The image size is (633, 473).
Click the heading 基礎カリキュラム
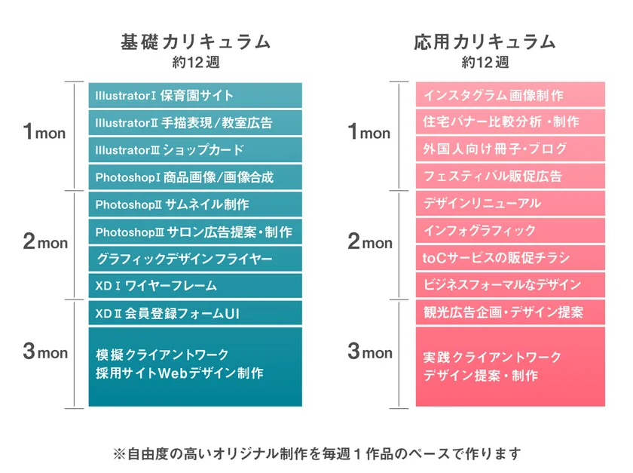coord(195,41)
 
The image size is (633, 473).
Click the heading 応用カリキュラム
coord(485,41)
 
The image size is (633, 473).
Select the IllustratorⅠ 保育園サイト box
coord(195,96)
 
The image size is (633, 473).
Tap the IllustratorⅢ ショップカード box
coord(195,150)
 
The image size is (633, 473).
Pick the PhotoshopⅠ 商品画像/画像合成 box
coord(195,177)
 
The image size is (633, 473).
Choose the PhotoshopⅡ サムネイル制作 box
coord(195,204)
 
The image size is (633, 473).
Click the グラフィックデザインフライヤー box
coord(195,259)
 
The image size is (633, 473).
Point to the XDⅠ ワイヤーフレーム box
coord(195,286)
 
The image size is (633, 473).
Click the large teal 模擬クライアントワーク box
coord(195,366)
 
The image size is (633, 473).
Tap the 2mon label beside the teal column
coord(45,243)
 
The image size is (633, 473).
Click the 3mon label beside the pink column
coord(369,352)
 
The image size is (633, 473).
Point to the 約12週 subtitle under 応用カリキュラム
coord(485,62)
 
